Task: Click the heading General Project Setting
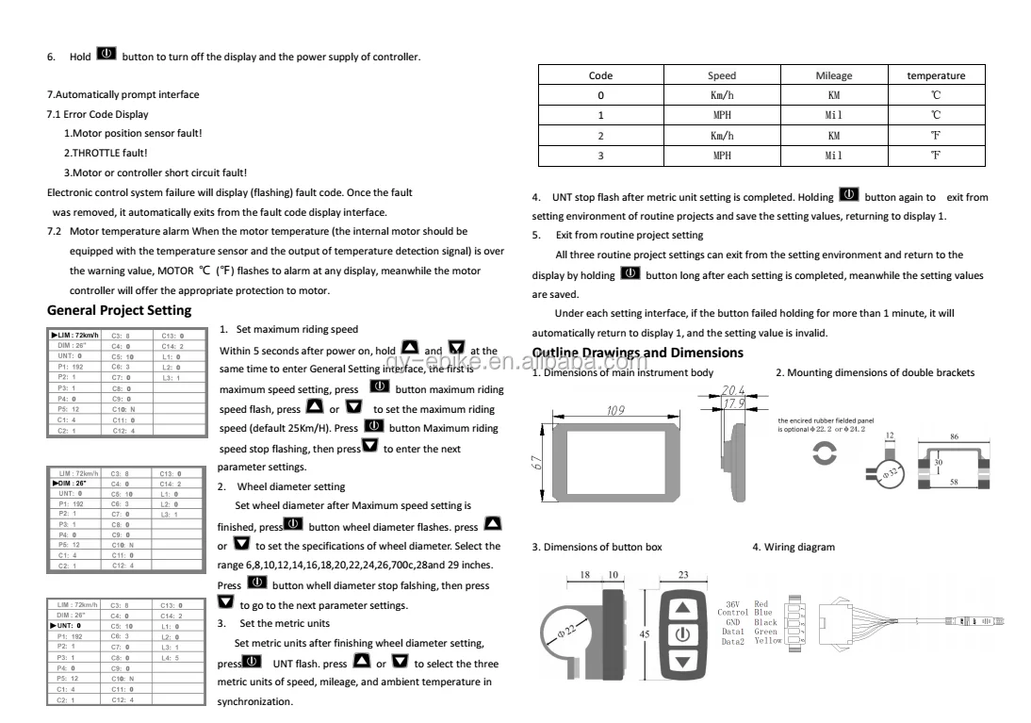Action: click(x=119, y=310)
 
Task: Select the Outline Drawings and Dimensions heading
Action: click(x=637, y=353)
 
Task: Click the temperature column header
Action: click(x=935, y=75)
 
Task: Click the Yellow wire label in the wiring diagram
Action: click(x=767, y=640)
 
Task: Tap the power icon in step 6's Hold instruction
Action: click(x=106, y=55)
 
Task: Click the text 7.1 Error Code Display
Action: click(x=98, y=114)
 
